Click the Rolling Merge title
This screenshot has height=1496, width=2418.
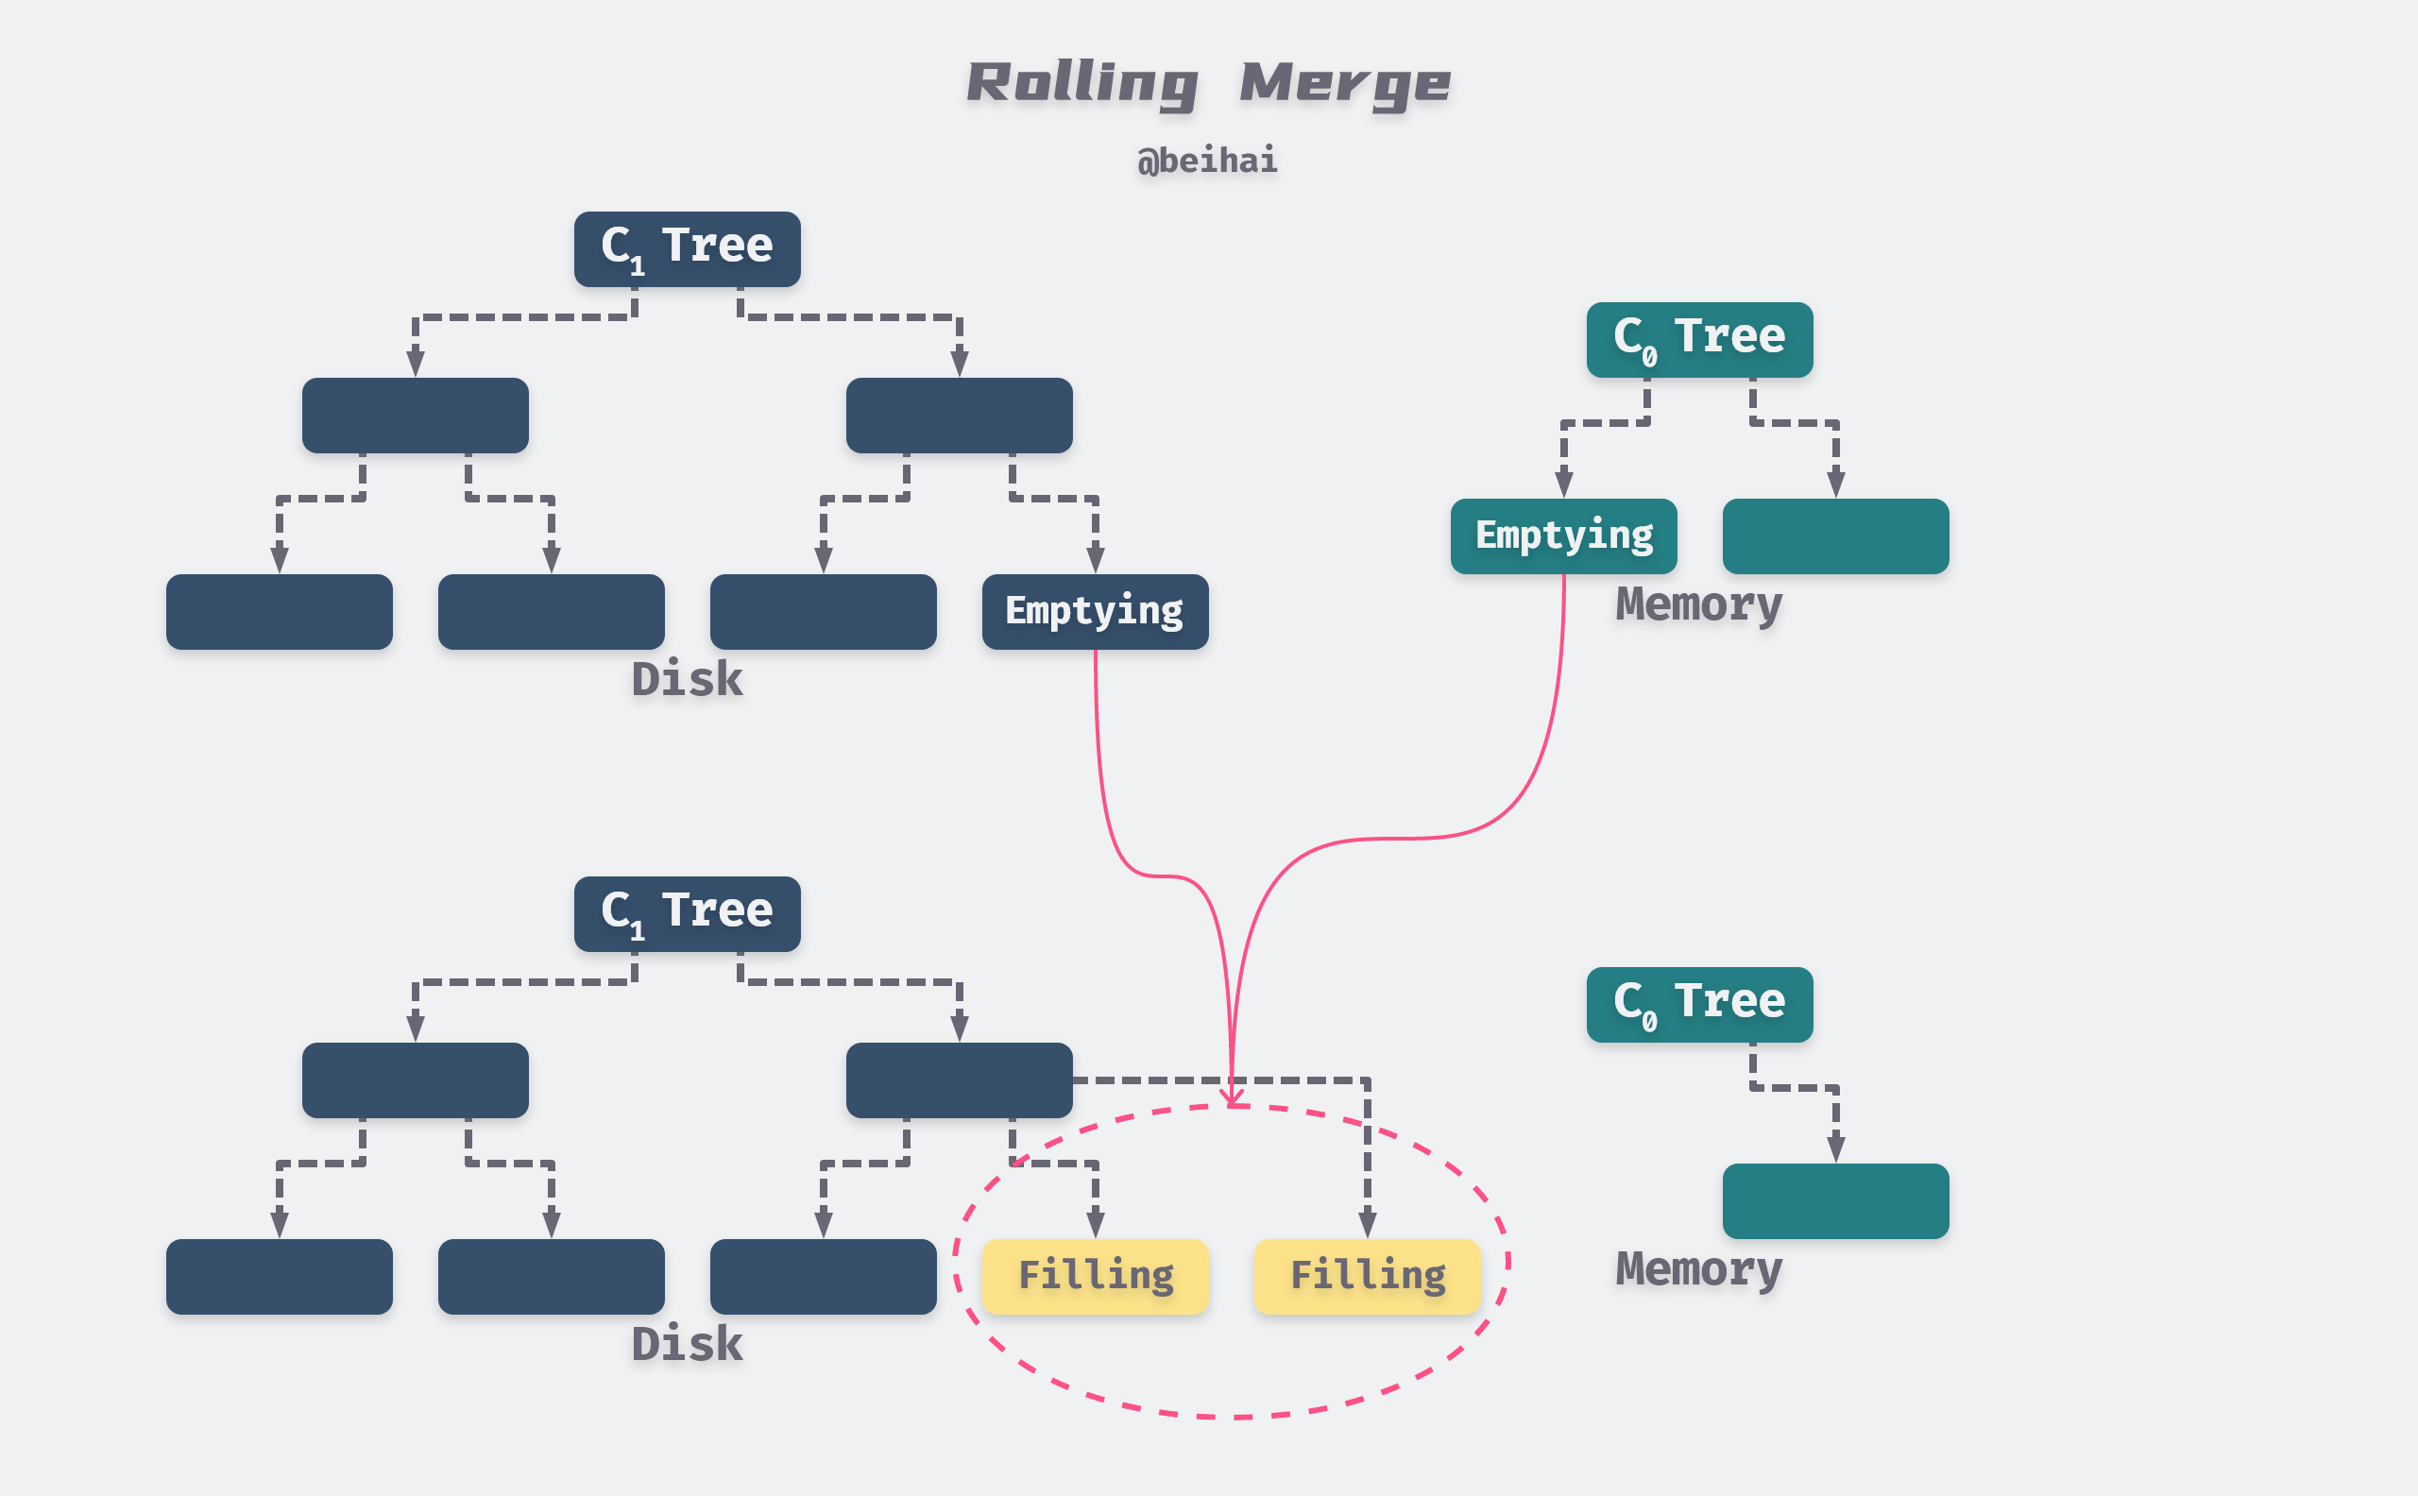[1208, 83]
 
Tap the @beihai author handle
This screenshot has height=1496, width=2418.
[1207, 161]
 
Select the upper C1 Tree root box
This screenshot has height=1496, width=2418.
[687, 249]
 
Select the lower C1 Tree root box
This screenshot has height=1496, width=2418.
[687, 914]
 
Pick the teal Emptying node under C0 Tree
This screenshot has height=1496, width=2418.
[1563, 536]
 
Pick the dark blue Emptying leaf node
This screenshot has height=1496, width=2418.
[1094, 611]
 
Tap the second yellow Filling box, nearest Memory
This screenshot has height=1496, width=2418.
[1367, 1276]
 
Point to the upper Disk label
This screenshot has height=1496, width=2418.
[687, 680]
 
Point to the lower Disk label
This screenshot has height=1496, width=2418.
[687, 1345]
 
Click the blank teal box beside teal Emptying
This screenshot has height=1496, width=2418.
[1835, 536]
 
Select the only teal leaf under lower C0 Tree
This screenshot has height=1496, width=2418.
[1835, 1201]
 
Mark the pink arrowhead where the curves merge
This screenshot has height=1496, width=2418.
[1232, 1099]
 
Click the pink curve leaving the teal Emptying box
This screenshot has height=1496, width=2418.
[1543, 752]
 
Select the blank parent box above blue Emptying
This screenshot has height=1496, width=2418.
[959, 416]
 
